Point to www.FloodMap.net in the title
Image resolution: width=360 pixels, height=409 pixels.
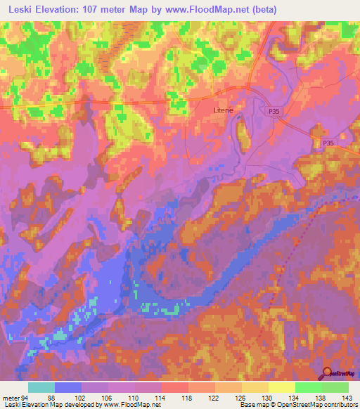211,10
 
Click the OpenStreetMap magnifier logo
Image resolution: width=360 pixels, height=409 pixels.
327,373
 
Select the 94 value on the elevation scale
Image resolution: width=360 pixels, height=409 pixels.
27,398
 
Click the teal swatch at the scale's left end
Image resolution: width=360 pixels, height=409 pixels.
41,387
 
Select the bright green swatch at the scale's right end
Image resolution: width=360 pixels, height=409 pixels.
335,387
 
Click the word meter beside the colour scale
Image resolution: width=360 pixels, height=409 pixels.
10,398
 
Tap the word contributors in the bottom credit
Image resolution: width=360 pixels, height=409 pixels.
340,405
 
